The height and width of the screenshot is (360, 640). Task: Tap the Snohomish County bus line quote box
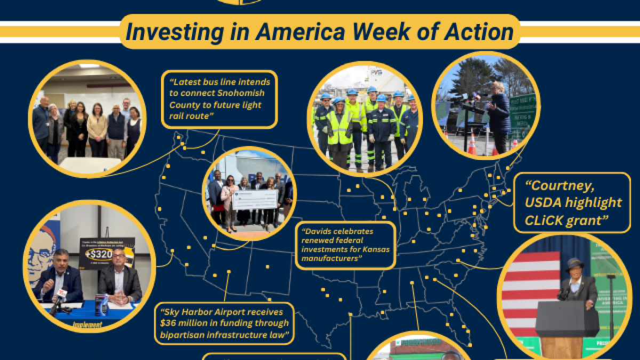click(220, 99)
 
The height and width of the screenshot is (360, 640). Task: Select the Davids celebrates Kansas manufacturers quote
click(345, 245)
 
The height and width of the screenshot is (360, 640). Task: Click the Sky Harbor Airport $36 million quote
click(225, 323)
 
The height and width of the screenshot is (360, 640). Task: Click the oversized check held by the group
click(254, 199)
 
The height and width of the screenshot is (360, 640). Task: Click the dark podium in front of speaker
click(566, 325)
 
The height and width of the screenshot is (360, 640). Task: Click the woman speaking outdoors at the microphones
click(500, 115)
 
